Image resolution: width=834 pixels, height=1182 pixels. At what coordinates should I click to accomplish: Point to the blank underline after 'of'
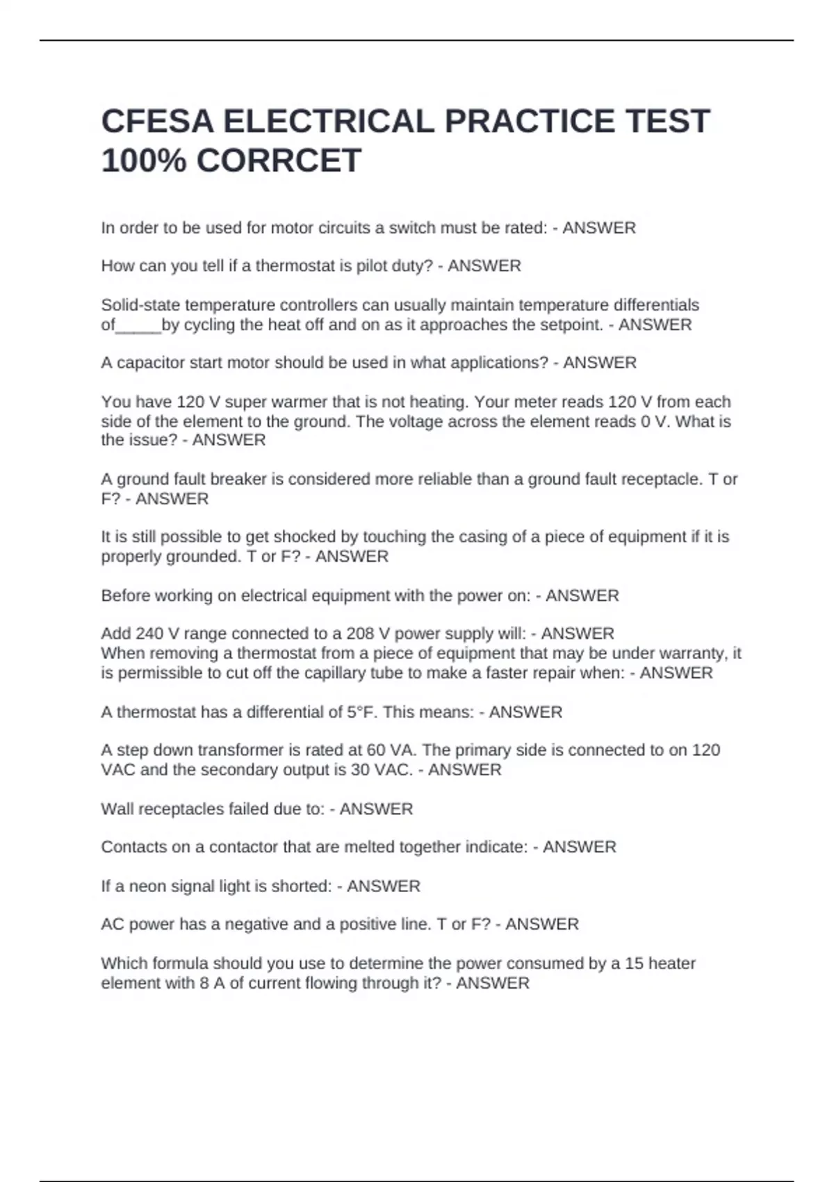(x=138, y=325)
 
